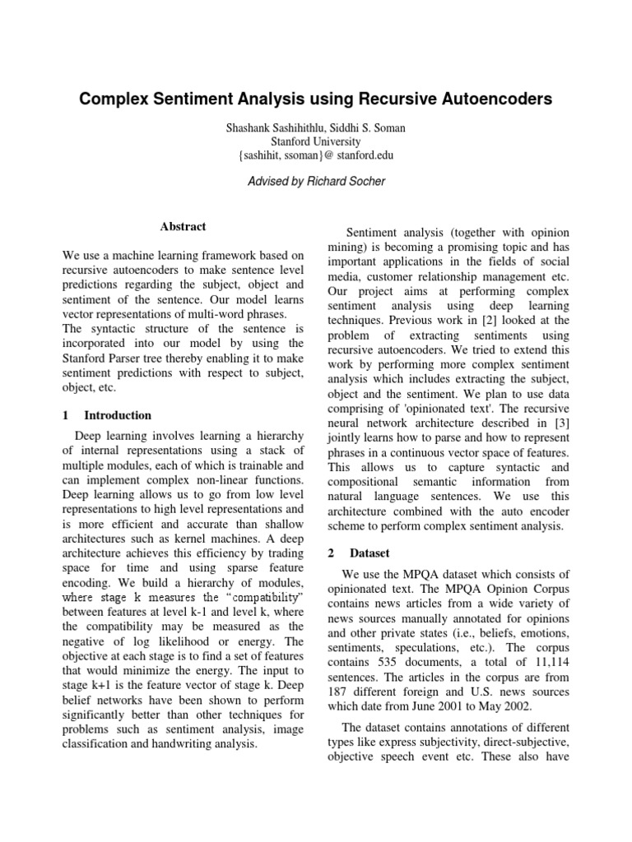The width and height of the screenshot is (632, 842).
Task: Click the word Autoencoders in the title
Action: pyautogui.click(x=487, y=100)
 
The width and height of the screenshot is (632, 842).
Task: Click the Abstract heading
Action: pyautogui.click(x=183, y=227)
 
